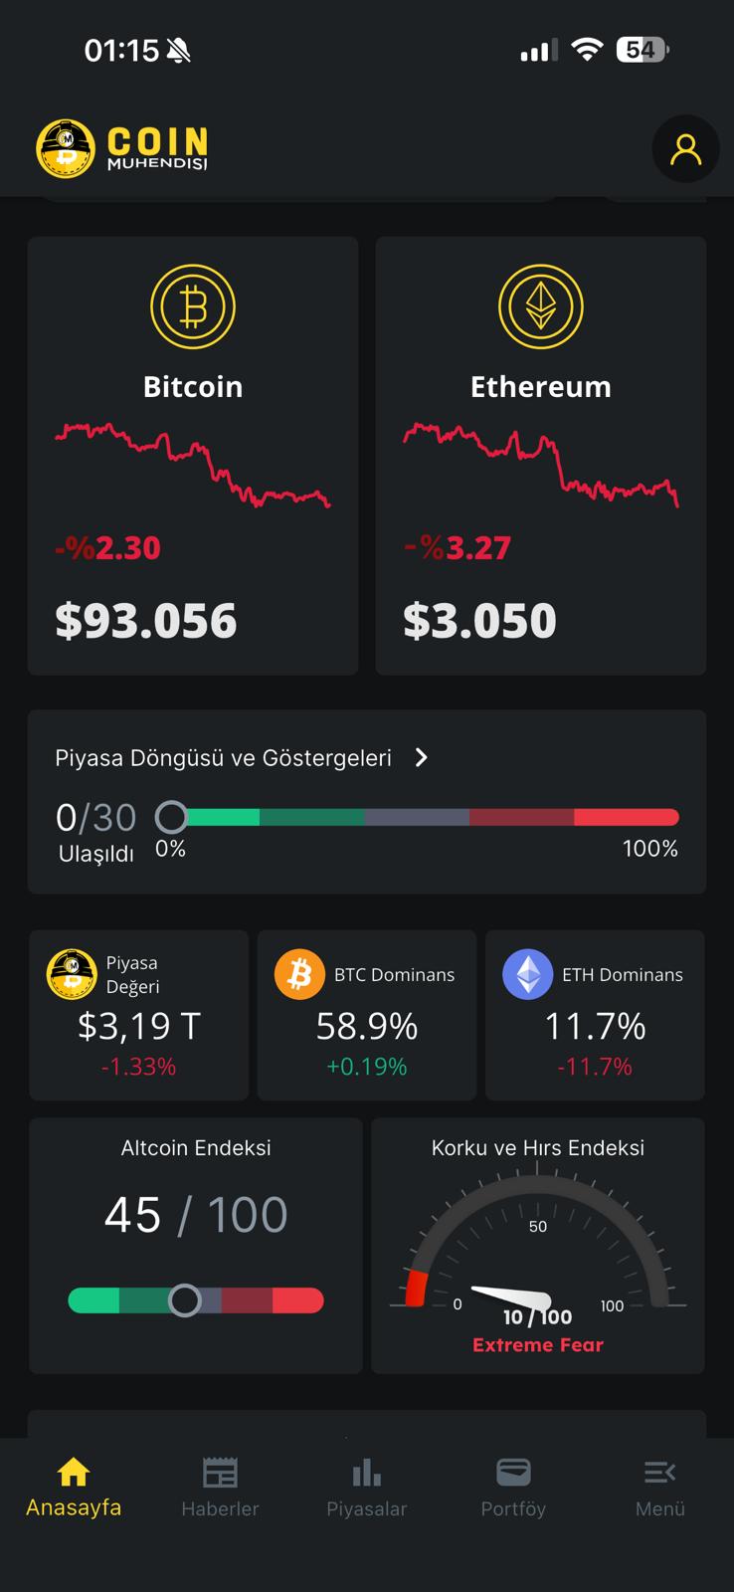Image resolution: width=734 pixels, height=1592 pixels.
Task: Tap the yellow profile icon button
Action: point(685,149)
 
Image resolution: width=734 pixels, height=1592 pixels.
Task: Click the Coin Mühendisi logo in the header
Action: point(122,149)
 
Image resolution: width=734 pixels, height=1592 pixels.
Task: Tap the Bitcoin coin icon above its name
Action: point(193,306)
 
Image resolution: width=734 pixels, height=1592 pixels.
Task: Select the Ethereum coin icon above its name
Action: point(540,306)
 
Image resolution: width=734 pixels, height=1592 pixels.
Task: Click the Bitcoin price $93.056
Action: point(146,621)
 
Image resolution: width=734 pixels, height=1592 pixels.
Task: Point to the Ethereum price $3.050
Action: point(479,621)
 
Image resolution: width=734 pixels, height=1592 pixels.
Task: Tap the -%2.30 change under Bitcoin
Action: point(107,548)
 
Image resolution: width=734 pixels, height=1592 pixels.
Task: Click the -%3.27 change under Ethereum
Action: point(458,548)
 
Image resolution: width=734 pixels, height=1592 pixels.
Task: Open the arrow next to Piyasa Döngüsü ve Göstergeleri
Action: point(422,758)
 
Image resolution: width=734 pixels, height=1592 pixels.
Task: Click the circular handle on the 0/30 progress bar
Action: point(171,817)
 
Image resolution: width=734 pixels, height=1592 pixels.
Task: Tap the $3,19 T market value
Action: point(139,1026)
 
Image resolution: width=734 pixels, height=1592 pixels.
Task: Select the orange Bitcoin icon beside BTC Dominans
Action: point(299,974)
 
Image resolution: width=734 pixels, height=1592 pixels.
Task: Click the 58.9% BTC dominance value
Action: point(367,1026)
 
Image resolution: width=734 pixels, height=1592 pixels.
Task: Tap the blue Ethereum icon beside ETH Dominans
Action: point(527,974)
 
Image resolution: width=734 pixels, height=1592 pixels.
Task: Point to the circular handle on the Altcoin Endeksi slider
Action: point(184,1300)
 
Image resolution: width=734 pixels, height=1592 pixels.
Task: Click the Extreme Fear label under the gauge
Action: point(538,1345)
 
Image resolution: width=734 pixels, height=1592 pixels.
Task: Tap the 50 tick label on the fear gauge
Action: point(538,1227)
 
